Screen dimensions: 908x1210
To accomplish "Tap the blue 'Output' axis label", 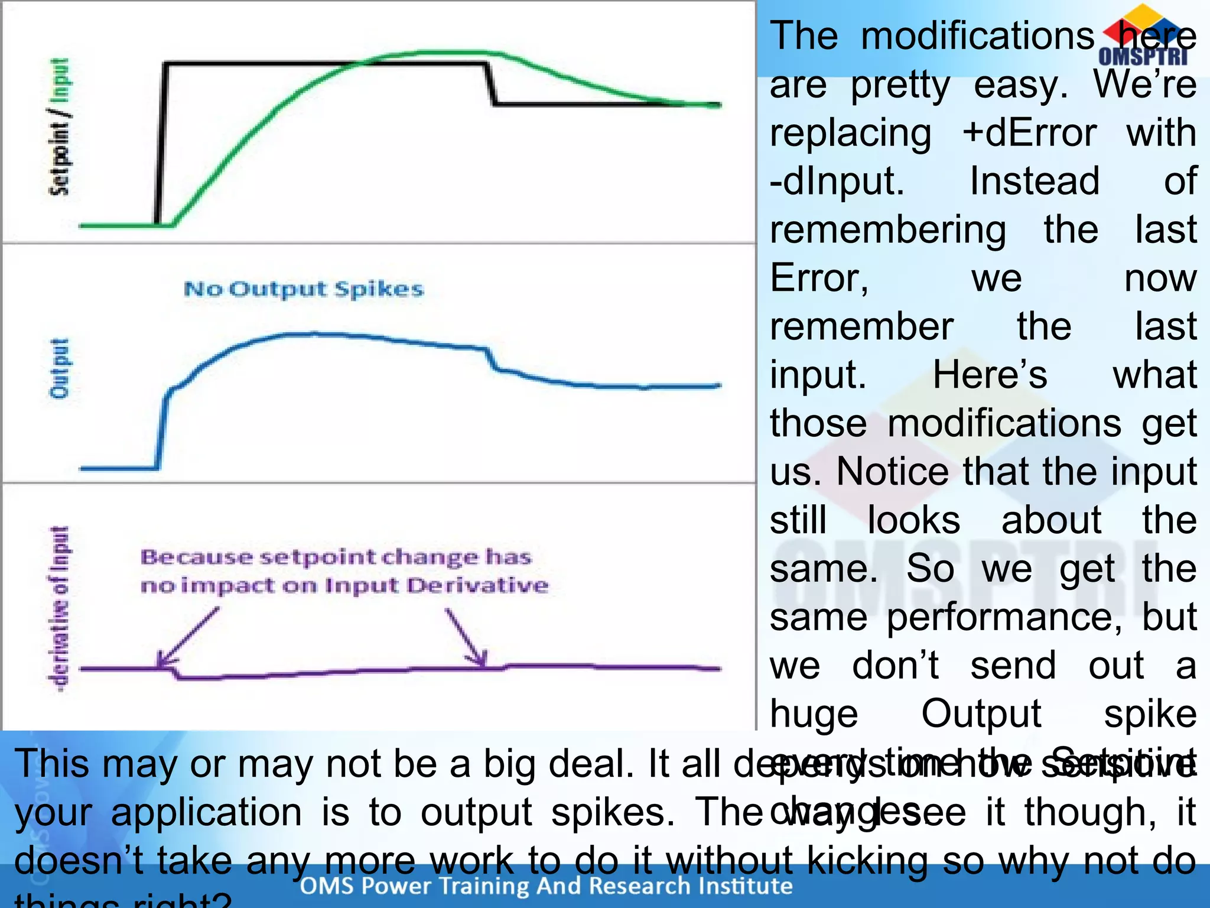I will (59, 368).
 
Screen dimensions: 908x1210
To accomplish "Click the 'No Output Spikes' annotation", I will (304, 289).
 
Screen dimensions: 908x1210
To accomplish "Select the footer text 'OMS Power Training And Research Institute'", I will (546, 886).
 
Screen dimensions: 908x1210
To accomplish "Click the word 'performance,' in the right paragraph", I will (1004, 617).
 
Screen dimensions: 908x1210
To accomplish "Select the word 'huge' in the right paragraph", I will (814, 714).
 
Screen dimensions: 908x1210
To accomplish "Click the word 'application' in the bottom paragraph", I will (207, 812).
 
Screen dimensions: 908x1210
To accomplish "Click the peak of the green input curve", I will (455, 53).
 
